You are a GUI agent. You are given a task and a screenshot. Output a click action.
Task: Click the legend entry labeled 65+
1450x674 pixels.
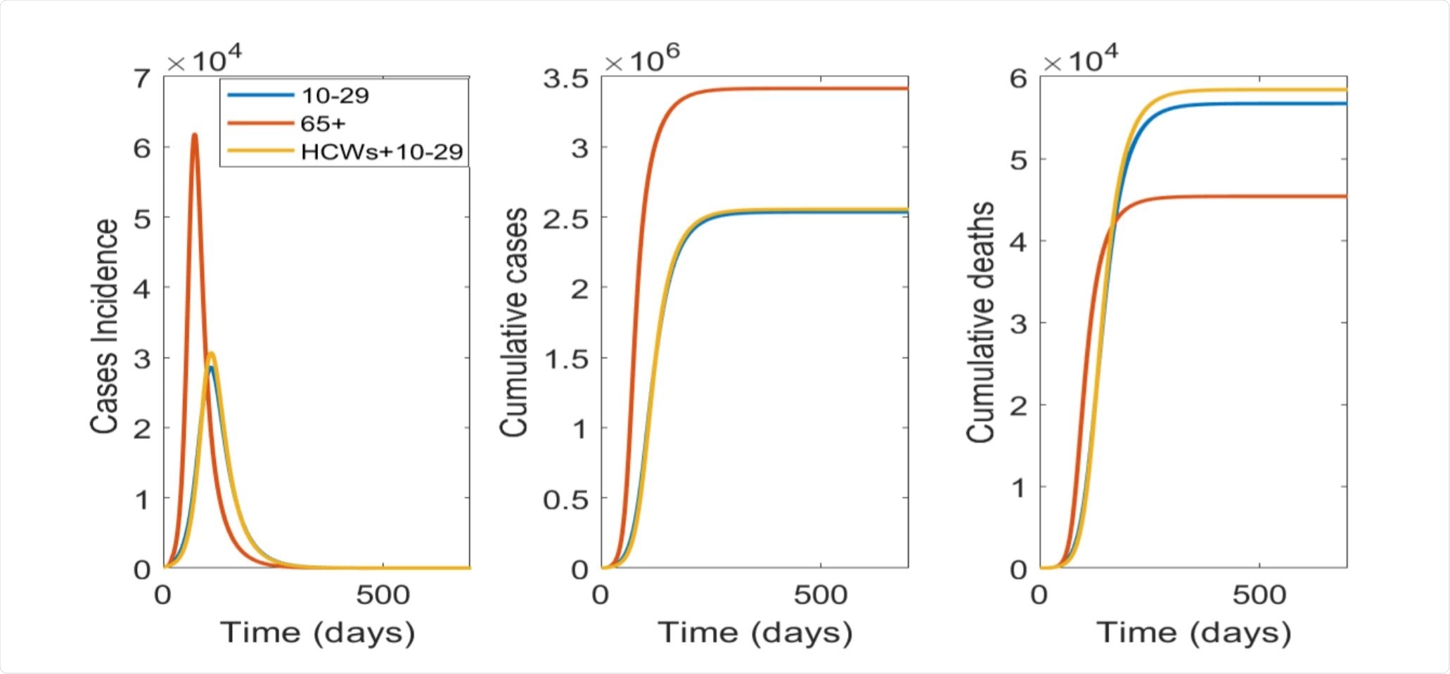[323, 124]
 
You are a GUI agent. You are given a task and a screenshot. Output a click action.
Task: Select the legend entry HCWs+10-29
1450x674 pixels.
[381, 152]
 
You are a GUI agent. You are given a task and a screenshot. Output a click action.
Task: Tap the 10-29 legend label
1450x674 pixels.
[335, 96]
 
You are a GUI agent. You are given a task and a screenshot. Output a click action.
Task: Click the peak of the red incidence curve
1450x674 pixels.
[195, 134]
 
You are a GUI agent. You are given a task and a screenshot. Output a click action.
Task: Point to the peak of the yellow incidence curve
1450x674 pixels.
[211, 354]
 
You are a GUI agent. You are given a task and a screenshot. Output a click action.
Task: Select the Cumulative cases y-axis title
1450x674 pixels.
[513, 322]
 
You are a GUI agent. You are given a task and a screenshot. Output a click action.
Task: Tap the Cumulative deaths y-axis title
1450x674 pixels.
[980, 322]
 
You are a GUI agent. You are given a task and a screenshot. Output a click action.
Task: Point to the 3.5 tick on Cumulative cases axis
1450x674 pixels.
[565, 78]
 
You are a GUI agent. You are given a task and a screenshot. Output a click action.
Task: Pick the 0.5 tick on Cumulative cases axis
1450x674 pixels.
[565, 499]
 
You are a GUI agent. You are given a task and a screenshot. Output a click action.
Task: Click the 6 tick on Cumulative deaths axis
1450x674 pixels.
[1018, 78]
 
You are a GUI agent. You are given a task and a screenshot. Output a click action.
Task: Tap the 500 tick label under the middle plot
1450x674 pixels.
[820, 595]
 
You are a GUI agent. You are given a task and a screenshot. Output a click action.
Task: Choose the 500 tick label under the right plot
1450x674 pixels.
[1259, 595]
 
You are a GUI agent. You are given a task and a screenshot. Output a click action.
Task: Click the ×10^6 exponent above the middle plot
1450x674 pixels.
[642, 59]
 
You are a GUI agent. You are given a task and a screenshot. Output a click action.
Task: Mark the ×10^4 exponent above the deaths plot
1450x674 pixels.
[1080, 59]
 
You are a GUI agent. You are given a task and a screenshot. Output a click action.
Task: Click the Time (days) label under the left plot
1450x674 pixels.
[317, 633]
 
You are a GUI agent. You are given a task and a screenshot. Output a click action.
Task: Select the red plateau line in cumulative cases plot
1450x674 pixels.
[809, 89]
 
